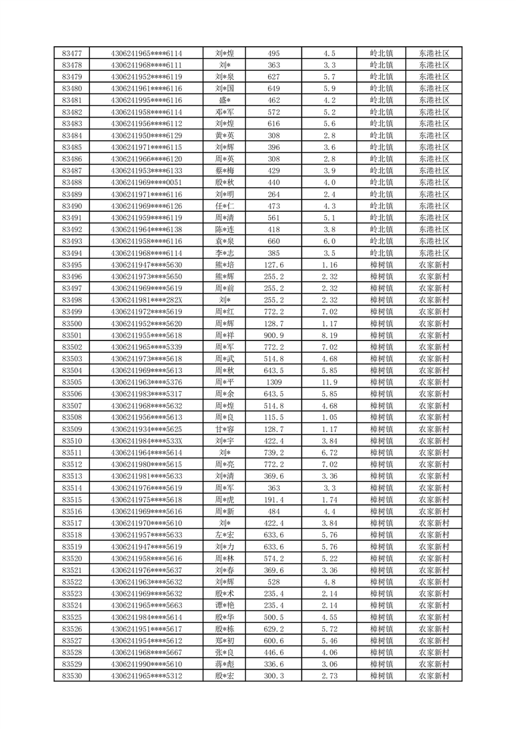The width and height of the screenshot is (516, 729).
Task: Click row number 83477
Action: pyautogui.click(x=71, y=53)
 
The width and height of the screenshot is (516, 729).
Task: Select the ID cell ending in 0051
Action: pyautogui.click(x=146, y=183)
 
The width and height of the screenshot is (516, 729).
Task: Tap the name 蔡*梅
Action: pyautogui.click(x=225, y=171)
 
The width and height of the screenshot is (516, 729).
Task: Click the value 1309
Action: pyautogui.click(x=274, y=382)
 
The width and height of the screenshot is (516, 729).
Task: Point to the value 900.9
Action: pyautogui.click(x=274, y=335)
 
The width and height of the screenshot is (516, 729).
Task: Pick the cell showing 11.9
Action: pyautogui.click(x=329, y=382)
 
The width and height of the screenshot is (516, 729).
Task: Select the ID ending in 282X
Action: pyautogui.click(x=146, y=300)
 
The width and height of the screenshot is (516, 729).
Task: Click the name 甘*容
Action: pyautogui.click(x=225, y=429)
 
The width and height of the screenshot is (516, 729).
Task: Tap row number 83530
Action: pyautogui.click(x=71, y=676)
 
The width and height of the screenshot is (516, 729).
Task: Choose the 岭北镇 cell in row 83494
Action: pyautogui.click(x=381, y=253)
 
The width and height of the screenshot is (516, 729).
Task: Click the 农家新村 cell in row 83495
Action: pyautogui.click(x=433, y=264)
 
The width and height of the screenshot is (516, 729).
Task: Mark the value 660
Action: pyautogui.click(x=274, y=241)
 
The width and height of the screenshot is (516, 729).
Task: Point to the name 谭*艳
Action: pyautogui.click(x=225, y=606)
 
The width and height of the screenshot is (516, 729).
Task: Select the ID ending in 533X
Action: pyautogui.click(x=146, y=441)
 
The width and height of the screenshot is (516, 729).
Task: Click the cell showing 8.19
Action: pyautogui.click(x=329, y=335)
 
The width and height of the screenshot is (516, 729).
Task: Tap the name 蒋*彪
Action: pyautogui.click(x=225, y=665)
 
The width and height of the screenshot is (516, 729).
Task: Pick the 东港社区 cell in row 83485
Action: pyautogui.click(x=433, y=147)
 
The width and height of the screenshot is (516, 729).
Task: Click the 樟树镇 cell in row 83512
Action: pyautogui.click(x=381, y=465)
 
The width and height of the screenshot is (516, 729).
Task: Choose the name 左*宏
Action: pyautogui.click(x=225, y=535)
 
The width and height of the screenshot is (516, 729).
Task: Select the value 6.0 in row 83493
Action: pyautogui.click(x=329, y=241)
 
